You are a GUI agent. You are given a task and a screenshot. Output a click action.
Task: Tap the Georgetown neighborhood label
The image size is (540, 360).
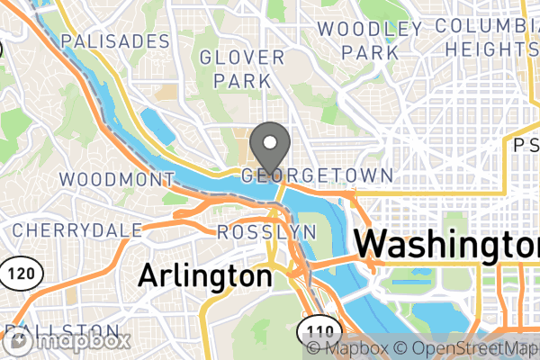pyautogui.click(x=316, y=175)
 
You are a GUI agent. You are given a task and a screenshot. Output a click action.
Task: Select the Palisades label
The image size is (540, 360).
pyautogui.click(x=115, y=41)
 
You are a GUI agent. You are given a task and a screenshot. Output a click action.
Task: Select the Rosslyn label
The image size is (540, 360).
pyautogui.click(x=266, y=232)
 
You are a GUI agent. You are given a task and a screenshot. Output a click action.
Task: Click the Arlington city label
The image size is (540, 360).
pyautogui.click(x=204, y=275)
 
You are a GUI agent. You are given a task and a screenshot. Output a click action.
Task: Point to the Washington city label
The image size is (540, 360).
pyautogui.click(x=446, y=245)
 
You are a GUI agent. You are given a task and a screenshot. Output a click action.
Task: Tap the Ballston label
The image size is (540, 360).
pyautogui.click(x=63, y=330)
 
